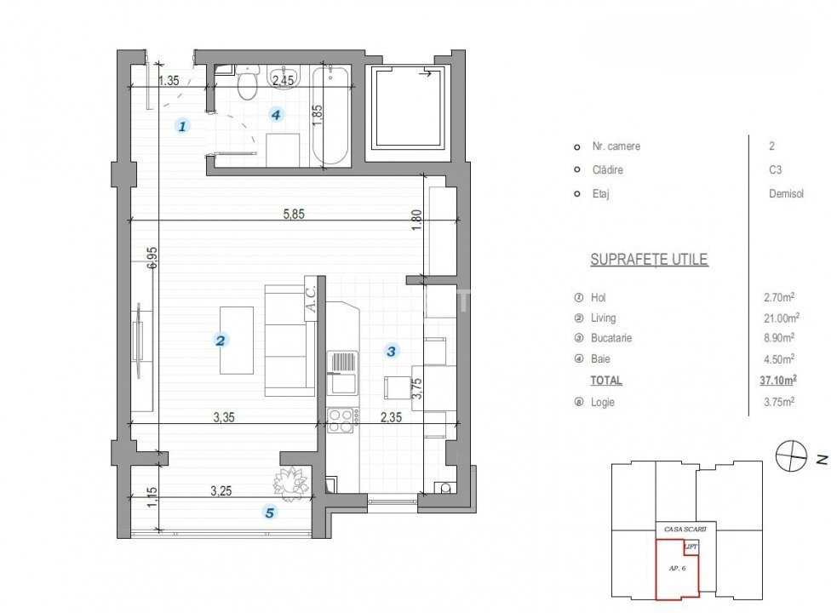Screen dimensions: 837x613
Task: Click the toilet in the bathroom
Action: (247, 83)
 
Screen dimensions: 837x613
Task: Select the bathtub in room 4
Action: (331, 115)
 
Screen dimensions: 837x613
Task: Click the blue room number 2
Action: (220, 341)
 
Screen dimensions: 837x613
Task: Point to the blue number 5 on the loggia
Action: (270, 513)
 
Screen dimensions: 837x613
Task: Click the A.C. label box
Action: (311, 299)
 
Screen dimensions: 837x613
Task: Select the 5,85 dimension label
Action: (294, 214)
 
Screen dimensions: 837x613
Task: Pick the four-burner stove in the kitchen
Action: (342, 421)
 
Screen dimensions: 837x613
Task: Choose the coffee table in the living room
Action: (237, 341)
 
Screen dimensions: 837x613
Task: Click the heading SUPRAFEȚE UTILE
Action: (649, 260)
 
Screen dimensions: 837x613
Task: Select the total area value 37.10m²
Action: (777, 381)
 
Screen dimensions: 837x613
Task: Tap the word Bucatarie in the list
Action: (611, 338)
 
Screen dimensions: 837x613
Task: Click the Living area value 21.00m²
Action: (781, 318)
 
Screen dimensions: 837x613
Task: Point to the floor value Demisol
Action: (786, 194)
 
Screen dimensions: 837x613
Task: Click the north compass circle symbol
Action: (791, 456)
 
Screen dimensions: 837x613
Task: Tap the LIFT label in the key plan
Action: (691, 547)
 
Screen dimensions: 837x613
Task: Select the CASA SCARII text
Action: (685, 530)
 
